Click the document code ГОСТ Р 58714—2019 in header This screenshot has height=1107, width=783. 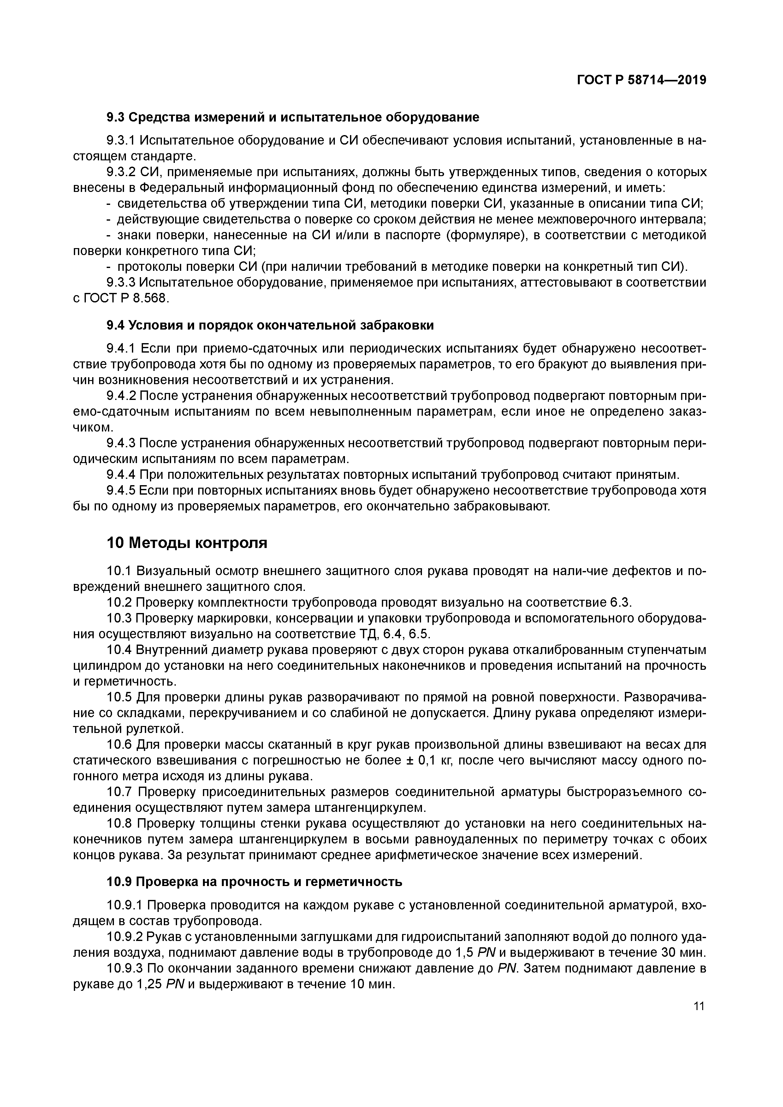point(641,80)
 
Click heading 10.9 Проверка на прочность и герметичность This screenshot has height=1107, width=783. point(254,882)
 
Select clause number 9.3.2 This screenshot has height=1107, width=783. point(122,172)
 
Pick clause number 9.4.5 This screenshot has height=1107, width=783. point(122,491)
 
